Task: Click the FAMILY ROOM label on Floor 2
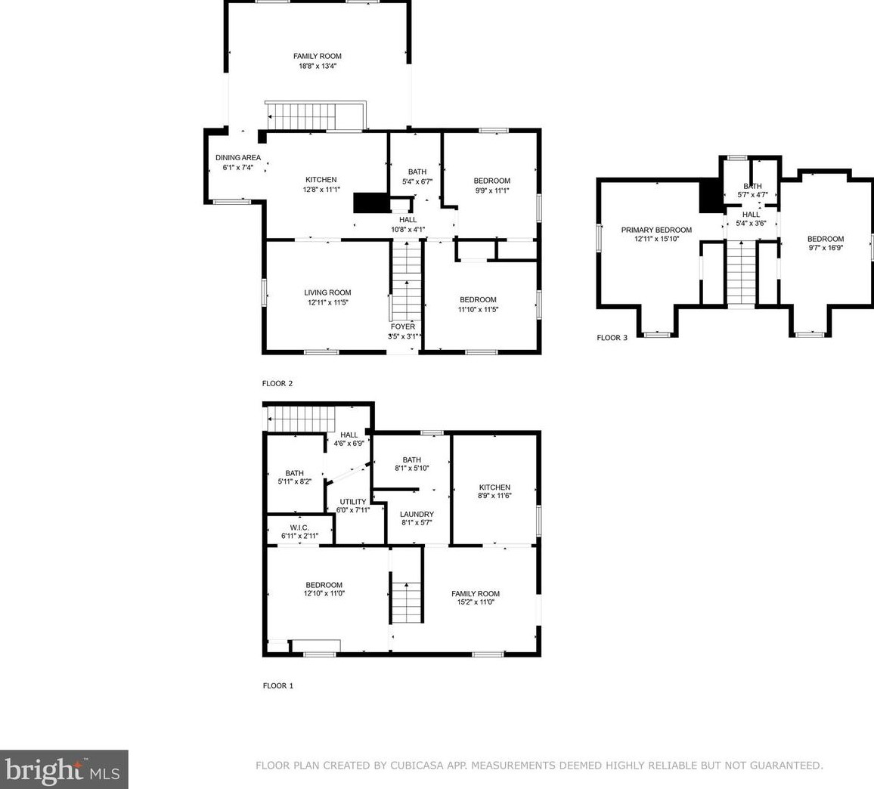(x=317, y=56)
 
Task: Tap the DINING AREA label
(x=238, y=158)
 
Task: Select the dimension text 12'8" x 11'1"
(x=321, y=190)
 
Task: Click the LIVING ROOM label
(x=327, y=292)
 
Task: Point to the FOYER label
(x=402, y=326)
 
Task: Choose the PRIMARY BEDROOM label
(x=656, y=230)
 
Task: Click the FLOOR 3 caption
(x=612, y=338)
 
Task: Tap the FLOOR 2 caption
(x=277, y=383)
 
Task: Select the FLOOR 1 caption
(x=277, y=686)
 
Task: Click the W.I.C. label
(x=299, y=528)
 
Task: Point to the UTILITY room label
(x=353, y=502)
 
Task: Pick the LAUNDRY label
(x=417, y=515)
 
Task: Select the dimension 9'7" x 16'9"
(x=826, y=248)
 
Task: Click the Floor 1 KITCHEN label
(x=494, y=487)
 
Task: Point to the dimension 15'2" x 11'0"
(x=476, y=602)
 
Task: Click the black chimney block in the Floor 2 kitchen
(x=370, y=203)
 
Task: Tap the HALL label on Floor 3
(x=751, y=215)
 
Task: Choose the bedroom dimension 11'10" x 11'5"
(x=478, y=309)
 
